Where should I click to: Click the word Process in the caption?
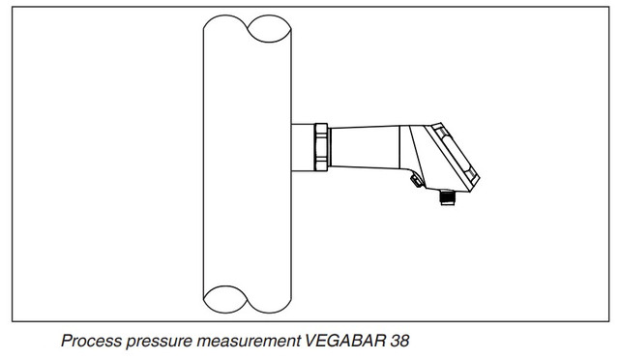(x=90, y=341)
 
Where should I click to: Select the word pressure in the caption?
(x=159, y=342)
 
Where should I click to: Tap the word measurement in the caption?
(x=249, y=341)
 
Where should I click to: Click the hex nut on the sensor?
(x=321, y=147)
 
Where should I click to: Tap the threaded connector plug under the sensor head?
(x=447, y=197)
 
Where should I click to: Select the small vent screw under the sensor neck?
(x=416, y=181)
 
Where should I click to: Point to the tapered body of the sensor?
(x=366, y=147)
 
